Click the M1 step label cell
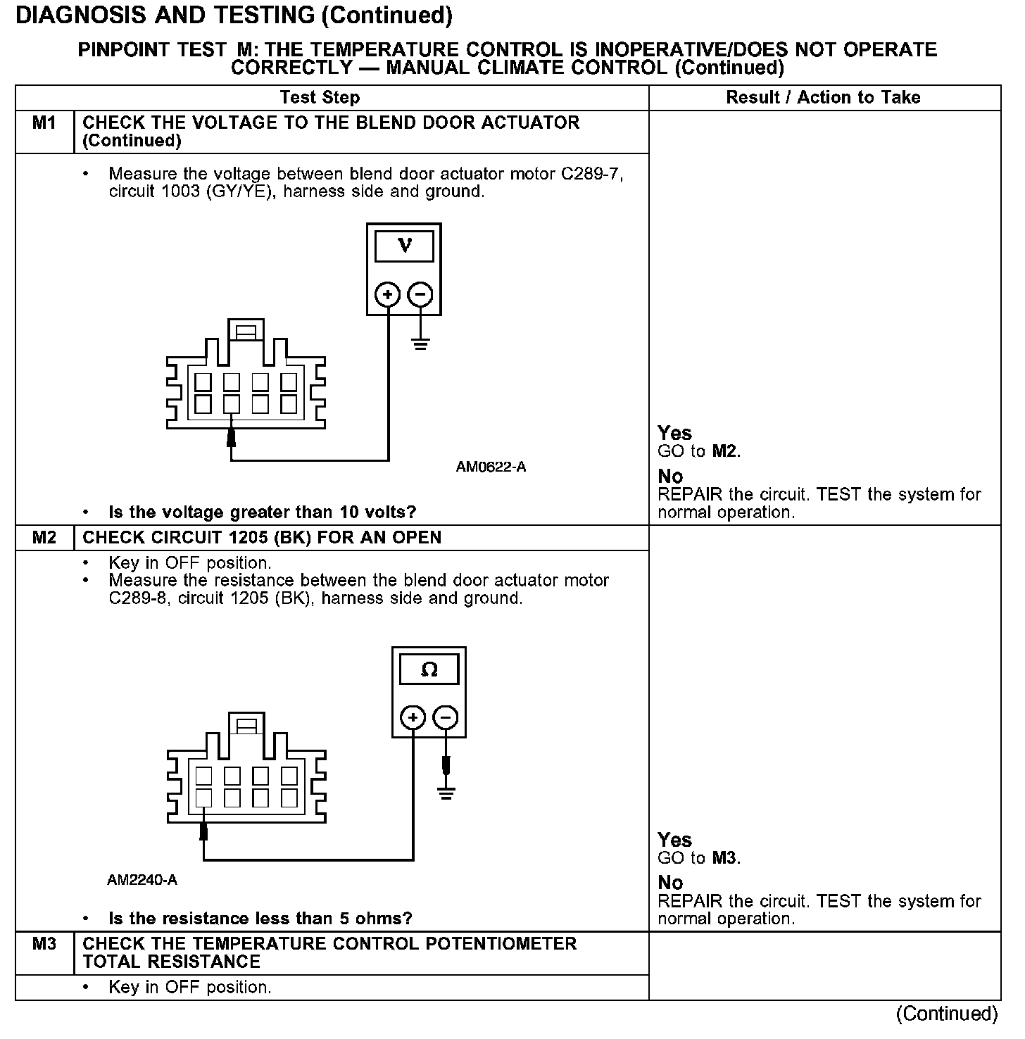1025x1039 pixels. click(x=44, y=123)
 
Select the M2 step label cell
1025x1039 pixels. click(x=44, y=538)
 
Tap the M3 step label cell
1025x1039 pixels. click(x=44, y=944)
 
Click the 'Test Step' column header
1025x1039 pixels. click(x=320, y=98)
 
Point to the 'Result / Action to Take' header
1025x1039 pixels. click(x=823, y=98)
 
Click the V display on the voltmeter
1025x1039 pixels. click(x=404, y=246)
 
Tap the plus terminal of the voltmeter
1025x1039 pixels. click(x=387, y=294)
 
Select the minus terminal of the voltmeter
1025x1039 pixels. click(x=420, y=294)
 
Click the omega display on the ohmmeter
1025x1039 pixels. click(x=429, y=669)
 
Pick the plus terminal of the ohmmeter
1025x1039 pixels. click(x=413, y=717)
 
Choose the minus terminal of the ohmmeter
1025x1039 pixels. click(x=446, y=717)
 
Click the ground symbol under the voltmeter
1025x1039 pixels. click(x=420, y=344)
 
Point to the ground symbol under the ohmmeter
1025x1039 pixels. click(x=446, y=793)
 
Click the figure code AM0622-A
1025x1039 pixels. click(x=491, y=467)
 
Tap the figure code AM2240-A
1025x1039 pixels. click(x=142, y=881)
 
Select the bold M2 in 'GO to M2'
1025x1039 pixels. click(x=725, y=451)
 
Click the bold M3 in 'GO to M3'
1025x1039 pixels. click(x=725, y=858)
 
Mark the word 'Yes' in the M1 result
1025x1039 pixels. click(x=674, y=433)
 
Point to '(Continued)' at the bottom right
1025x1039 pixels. click(x=947, y=1014)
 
